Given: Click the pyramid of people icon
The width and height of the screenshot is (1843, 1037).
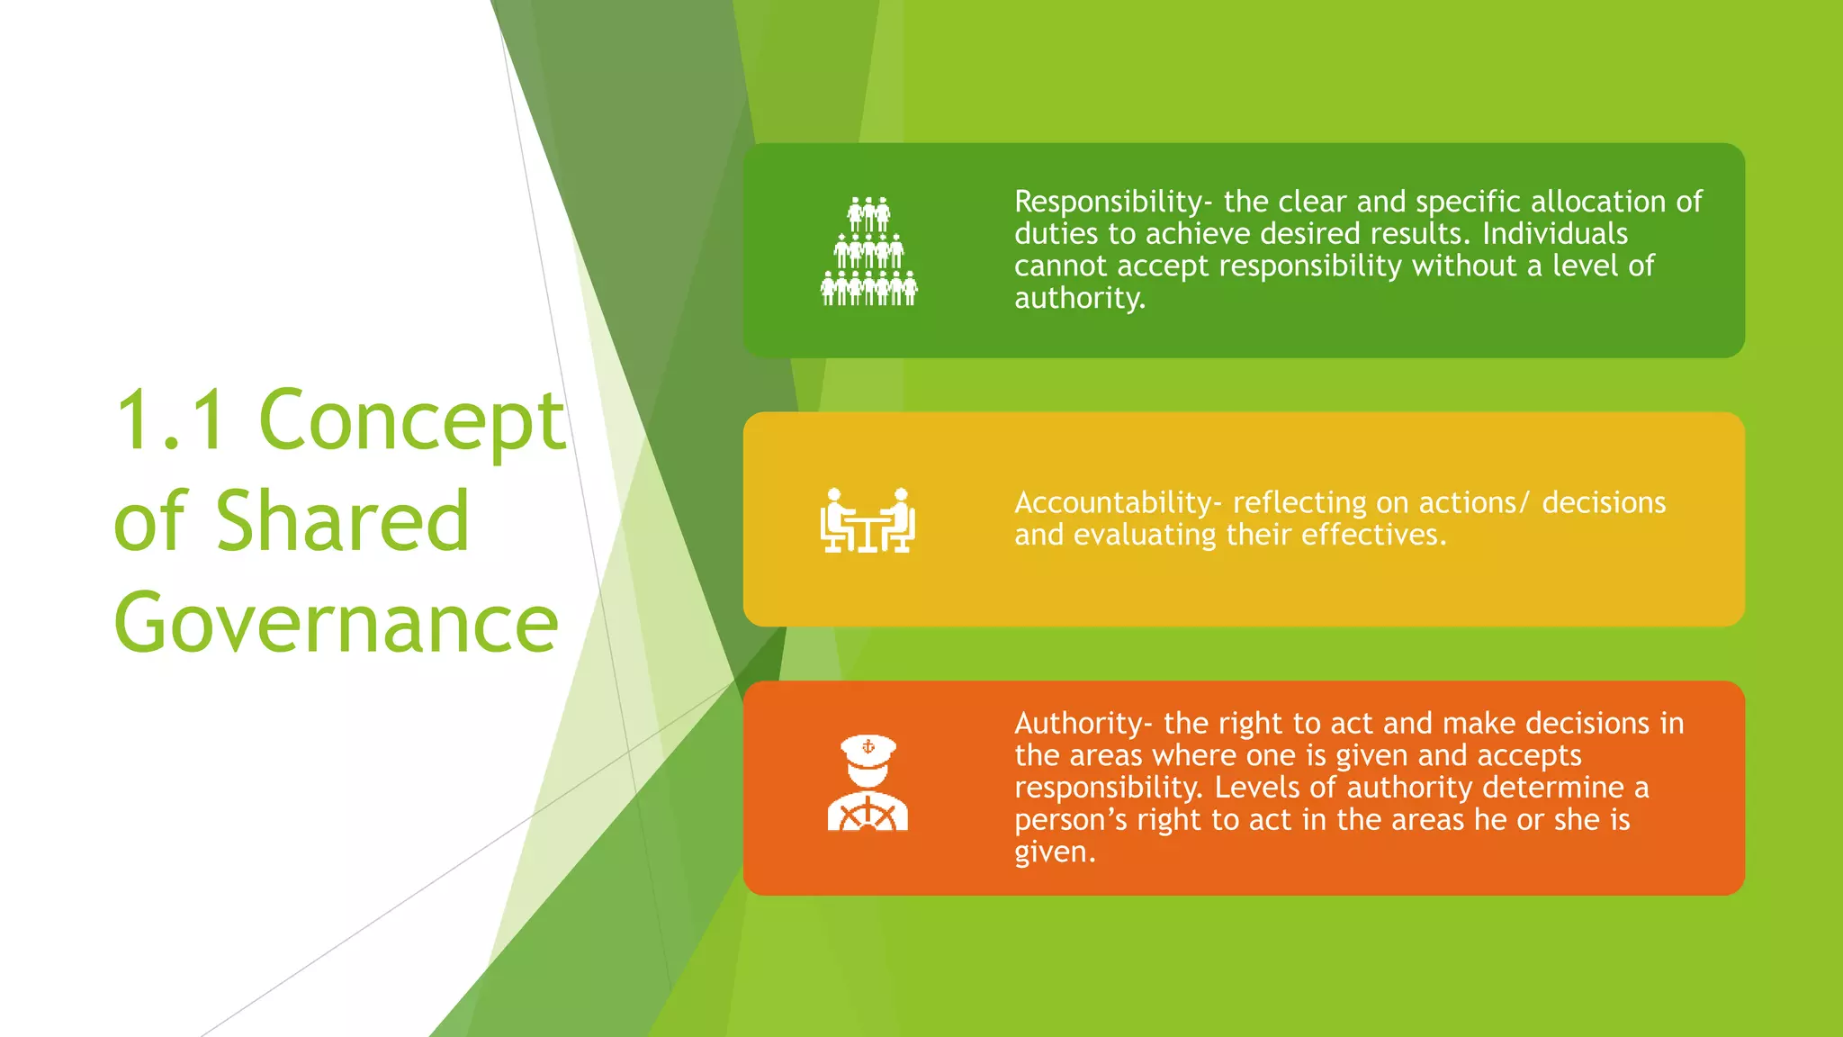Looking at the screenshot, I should click(868, 251).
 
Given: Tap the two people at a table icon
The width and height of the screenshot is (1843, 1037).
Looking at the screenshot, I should click(868, 520).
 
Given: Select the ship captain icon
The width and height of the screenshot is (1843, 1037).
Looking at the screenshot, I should click(868, 783).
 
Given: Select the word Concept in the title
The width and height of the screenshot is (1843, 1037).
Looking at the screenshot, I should click(411, 421).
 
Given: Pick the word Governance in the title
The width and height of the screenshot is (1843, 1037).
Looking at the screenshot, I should click(337, 623).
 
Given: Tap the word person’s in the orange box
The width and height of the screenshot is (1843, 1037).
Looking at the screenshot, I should click(1070, 820).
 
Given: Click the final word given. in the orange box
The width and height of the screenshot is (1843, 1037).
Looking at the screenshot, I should click(1055, 852).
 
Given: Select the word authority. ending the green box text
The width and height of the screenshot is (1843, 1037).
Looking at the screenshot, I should click(1080, 298).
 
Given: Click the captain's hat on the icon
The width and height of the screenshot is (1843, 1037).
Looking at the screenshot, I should click(868, 749).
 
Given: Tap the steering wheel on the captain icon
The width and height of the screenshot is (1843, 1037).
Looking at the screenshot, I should click(868, 815).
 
